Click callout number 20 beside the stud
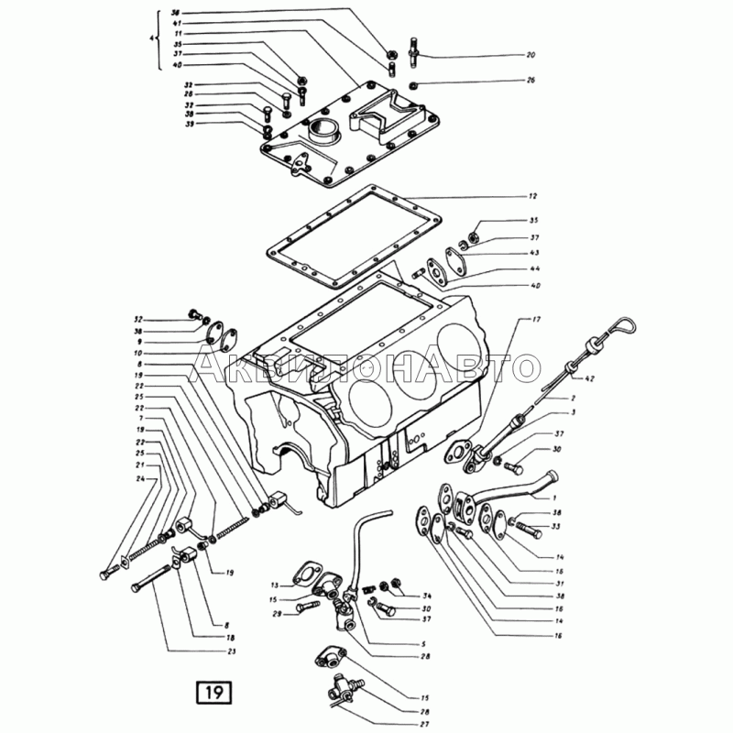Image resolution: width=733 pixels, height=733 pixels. tap(531, 56)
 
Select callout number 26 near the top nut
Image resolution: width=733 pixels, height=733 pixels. tap(531, 81)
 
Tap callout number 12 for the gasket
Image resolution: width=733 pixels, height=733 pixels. tap(532, 197)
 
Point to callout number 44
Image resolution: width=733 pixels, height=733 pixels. tap(534, 270)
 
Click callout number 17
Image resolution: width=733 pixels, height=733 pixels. tap(538, 319)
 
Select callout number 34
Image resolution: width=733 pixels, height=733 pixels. tap(427, 596)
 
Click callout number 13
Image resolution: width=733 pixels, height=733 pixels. tap(273, 585)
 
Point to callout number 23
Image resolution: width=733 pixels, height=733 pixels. tap(231, 651)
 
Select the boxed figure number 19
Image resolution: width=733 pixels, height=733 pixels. tap(213, 691)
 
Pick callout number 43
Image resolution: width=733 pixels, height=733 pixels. tap(534, 253)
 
